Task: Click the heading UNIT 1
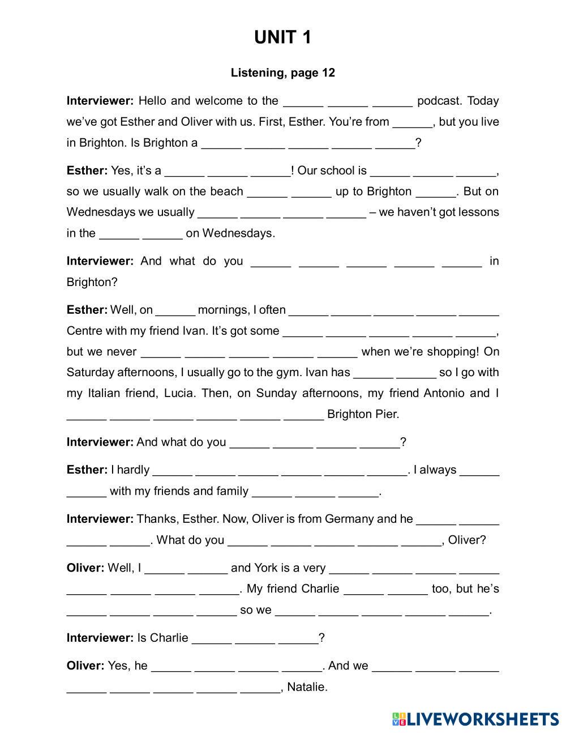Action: tap(282, 37)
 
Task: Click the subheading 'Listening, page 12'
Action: tap(282, 73)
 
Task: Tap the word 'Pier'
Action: tap(387, 414)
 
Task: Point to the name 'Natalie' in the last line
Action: tap(307, 687)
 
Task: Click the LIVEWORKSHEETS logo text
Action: tap(482, 719)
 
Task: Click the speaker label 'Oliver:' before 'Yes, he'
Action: tap(85, 666)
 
